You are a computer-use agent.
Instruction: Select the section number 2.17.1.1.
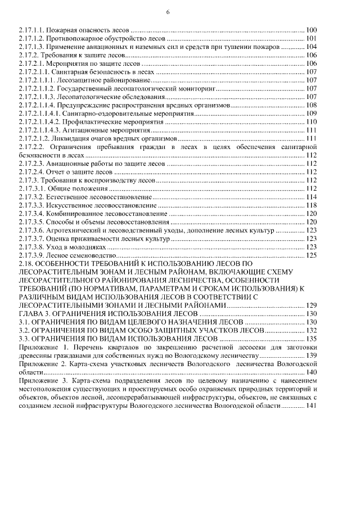(33, 29)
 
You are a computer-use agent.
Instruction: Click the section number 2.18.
(26, 263)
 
